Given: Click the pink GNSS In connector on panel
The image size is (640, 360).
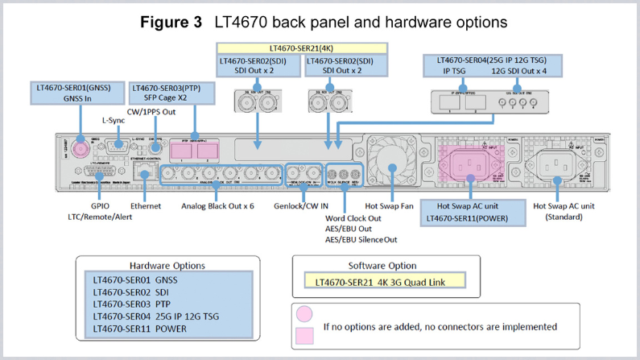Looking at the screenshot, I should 81,149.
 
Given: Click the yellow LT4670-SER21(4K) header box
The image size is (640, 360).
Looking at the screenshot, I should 303,48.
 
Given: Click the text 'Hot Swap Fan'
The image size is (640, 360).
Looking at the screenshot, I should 390,206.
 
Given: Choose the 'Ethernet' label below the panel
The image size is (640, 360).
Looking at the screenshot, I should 145,206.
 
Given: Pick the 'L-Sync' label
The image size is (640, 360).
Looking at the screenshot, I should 114,121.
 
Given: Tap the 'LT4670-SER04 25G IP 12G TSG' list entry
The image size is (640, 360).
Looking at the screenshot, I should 155,317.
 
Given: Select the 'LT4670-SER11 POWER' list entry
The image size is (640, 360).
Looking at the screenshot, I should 139,329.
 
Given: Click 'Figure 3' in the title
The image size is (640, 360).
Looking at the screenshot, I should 171,22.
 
